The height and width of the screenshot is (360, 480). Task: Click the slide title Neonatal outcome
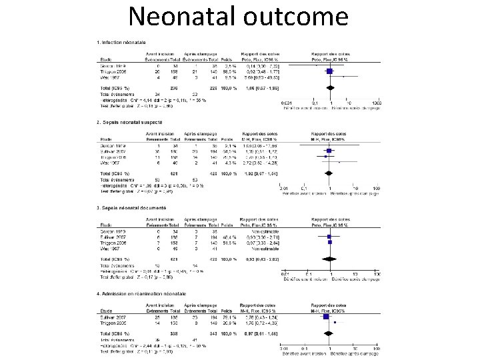pos(240,16)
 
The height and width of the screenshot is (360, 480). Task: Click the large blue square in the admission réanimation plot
pos(328,318)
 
